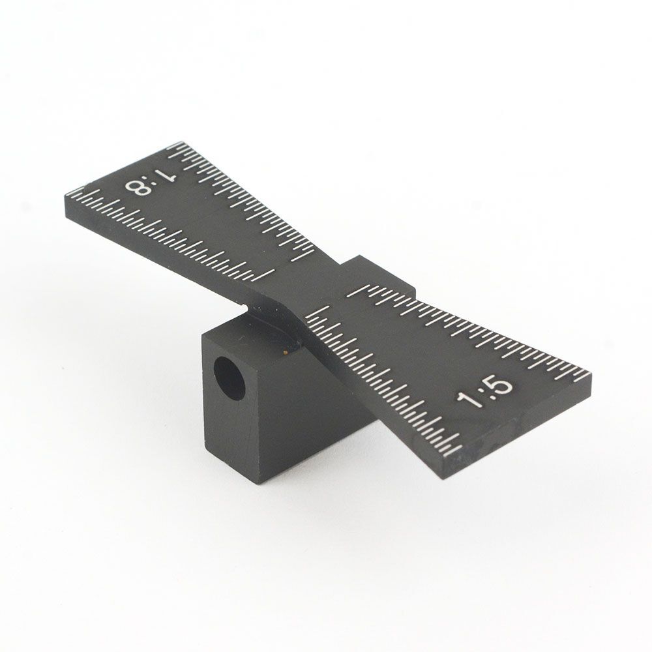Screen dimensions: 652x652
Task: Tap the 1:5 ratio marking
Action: tap(486, 391)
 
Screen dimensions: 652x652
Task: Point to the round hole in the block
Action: tap(228, 376)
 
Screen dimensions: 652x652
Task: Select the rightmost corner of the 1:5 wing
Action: tap(589, 374)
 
